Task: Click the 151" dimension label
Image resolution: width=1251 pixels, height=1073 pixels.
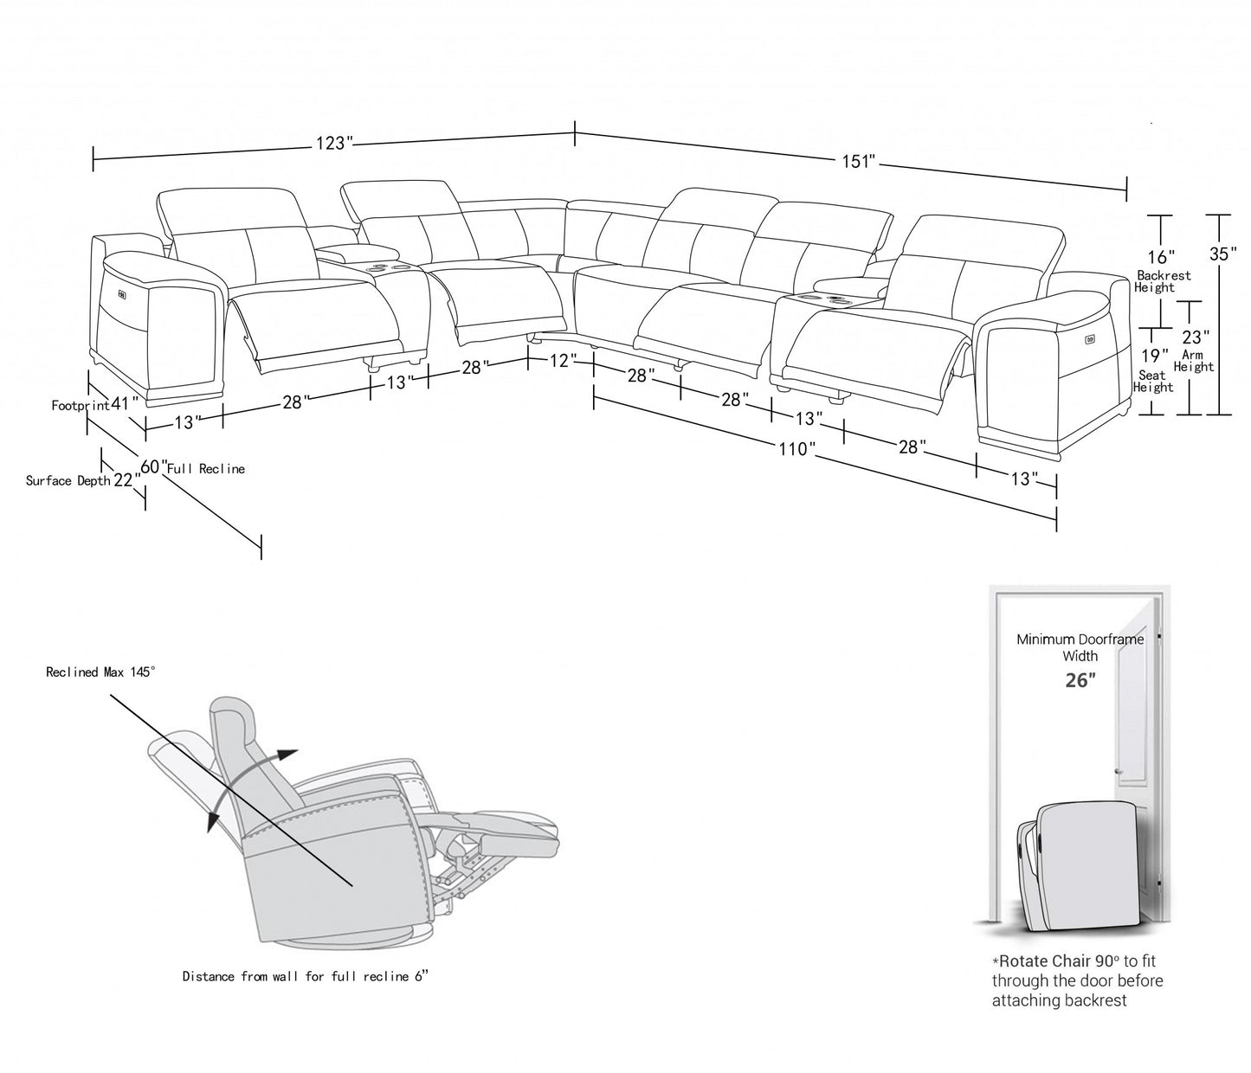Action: [x=859, y=162]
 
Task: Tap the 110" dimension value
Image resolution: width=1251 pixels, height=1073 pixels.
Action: [x=796, y=449]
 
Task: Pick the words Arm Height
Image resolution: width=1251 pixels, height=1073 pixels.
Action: [x=1194, y=361]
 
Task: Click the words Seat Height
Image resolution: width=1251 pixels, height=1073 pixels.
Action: [x=1153, y=382]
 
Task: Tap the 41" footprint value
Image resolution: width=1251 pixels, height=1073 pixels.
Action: [x=125, y=403]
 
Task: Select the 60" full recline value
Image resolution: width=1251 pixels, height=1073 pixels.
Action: [x=153, y=467]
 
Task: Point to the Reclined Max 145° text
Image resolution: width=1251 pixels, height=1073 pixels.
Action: [x=101, y=671]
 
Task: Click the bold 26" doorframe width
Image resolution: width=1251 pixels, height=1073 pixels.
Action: [x=1080, y=680]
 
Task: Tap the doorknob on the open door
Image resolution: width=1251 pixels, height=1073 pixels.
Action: [x=1118, y=773]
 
